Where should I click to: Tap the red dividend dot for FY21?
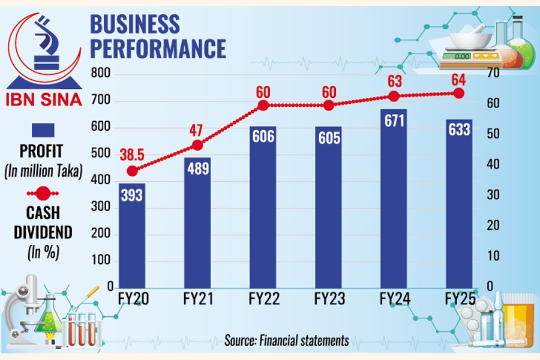[197, 145]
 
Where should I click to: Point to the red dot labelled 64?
[459, 93]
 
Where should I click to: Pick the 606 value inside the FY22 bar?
[263, 136]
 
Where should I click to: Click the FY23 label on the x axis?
[328, 299]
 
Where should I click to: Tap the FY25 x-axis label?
[459, 299]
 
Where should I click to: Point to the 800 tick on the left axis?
[101, 74]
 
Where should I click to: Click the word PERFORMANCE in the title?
[158, 48]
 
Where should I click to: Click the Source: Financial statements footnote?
[287, 341]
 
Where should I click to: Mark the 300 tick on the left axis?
[101, 207]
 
